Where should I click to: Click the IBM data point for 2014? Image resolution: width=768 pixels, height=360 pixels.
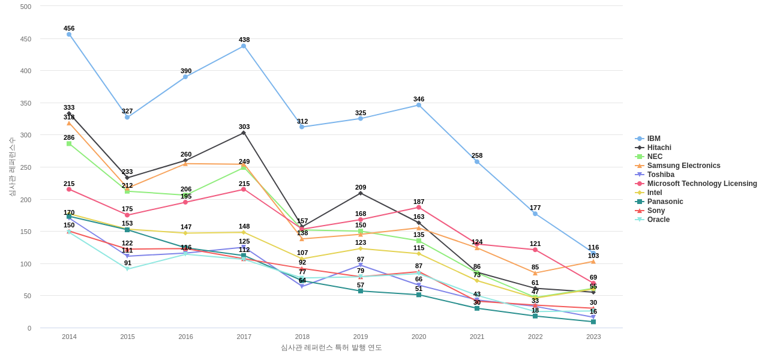click(x=69, y=35)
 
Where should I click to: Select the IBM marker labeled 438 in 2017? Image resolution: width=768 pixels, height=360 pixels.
click(x=244, y=46)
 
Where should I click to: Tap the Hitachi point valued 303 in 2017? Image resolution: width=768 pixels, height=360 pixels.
click(x=244, y=133)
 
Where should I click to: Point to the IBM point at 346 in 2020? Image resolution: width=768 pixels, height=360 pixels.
click(x=419, y=105)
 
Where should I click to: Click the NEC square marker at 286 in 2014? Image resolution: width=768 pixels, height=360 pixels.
click(x=69, y=144)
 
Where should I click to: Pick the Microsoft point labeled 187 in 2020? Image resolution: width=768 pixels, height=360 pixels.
click(x=419, y=208)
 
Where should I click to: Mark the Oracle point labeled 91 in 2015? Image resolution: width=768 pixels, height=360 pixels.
click(x=127, y=269)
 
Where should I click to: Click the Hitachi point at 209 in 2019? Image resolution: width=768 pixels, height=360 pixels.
click(x=361, y=193)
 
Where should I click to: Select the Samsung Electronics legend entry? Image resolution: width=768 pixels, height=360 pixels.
click(x=683, y=166)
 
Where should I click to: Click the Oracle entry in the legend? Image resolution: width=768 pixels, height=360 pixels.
click(x=658, y=220)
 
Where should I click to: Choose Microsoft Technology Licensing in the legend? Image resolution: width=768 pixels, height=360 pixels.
click(x=701, y=184)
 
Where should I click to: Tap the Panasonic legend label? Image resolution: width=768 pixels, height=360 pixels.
click(x=665, y=202)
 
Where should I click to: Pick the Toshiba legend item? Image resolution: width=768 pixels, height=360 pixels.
click(x=661, y=175)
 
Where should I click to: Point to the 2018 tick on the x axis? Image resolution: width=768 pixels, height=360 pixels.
click(x=302, y=337)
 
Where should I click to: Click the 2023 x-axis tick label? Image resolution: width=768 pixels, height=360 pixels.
click(x=593, y=337)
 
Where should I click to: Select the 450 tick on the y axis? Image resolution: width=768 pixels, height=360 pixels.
click(x=26, y=39)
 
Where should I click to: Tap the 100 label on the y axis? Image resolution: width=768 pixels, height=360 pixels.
click(x=26, y=264)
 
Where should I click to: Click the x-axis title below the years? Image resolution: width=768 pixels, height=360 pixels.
click(x=331, y=347)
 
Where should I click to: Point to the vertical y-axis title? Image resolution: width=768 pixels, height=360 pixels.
click(x=12, y=167)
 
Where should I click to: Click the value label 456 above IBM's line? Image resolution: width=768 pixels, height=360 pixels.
click(x=69, y=28)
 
